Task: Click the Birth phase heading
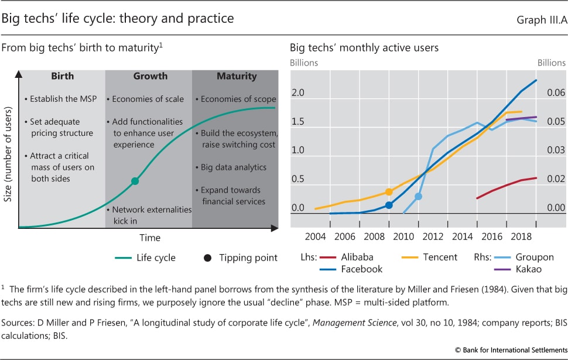pos(63,76)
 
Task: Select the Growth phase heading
pos(150,76)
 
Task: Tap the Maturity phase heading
pos(237,76)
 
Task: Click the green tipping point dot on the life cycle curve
pos(135,181)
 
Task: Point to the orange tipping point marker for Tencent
pos(389,191)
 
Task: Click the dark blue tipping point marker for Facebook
pos(389,205)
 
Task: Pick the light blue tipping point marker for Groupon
pos(418,196)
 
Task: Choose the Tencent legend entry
pos(440,257)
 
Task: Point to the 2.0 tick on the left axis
pos(298,93)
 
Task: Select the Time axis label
pos(150,238)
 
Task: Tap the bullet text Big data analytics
pos(233,167)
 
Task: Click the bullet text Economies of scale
pos(148,99)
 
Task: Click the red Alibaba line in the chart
pos(507,186)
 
